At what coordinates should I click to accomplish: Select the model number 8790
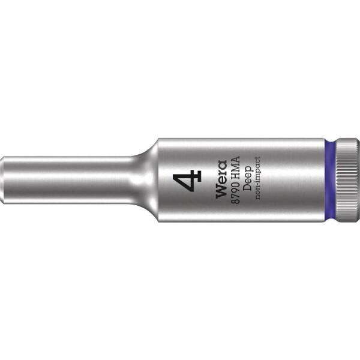click(x=236, y=193)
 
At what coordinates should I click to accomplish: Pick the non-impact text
click(x=257, y=178)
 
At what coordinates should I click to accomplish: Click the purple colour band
click(x=330, y=180)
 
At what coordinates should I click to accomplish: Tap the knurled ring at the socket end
click(x=347, y=180)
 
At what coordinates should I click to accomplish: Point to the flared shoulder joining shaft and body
click(x=147, y=180)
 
